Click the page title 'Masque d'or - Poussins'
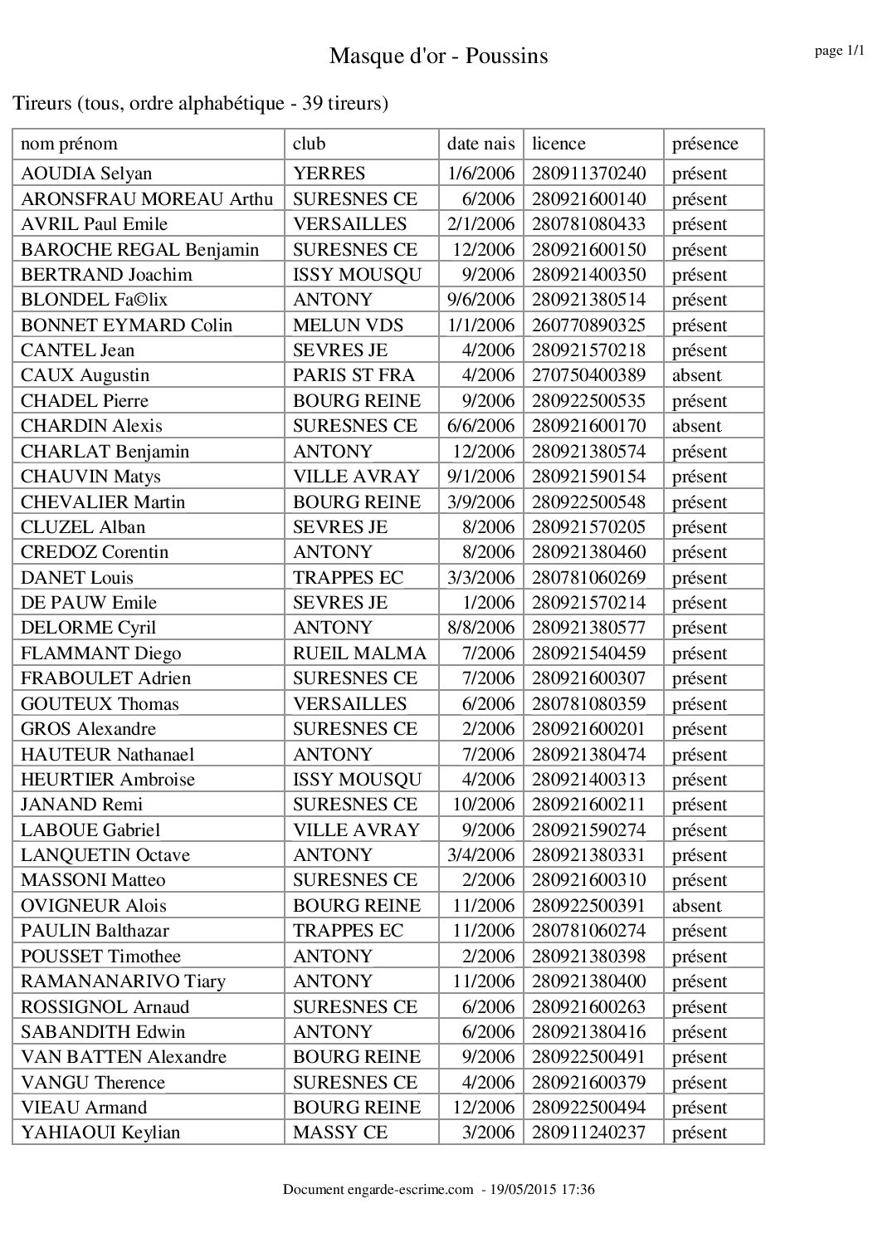[438, 56]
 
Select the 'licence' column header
[559, 144]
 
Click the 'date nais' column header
[480, 144]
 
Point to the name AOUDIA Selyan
[86, 174]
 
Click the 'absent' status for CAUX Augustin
[696, 375]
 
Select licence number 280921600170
[588, 426]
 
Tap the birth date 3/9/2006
[480, 502]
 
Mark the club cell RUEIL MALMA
[359, 653]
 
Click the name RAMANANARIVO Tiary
[123, 981]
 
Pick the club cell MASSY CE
[340, 1132]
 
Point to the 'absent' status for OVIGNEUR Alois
[696, 905]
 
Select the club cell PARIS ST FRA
[354, 375]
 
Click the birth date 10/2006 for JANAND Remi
[483, 804]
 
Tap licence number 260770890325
[588, 325]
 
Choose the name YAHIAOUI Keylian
[100, 1132]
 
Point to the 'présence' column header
[705, 144]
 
